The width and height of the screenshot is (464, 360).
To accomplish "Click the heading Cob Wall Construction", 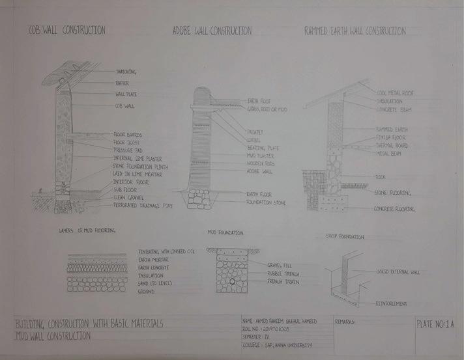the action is tap(66, 31).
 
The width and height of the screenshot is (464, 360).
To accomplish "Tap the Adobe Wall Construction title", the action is tap(212, 31).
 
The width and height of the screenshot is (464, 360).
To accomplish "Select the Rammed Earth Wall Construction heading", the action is tap(355, 31).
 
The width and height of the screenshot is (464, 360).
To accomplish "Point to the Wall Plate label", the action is tap(125, 94).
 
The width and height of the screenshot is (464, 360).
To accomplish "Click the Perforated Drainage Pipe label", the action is tap(141, 206).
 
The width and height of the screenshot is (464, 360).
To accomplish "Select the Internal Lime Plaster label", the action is tap(137, 158).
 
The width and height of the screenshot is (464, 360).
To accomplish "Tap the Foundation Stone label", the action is tap(267, 202).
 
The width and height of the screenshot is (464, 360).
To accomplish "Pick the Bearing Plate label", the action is tap(263, 148).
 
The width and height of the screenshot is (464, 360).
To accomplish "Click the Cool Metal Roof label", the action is tap(394, 92).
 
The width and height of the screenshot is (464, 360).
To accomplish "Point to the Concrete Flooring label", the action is tap(394, 209).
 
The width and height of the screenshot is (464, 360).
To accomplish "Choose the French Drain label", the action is tap(283, 282).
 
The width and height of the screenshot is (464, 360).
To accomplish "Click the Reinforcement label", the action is tap(391, 303).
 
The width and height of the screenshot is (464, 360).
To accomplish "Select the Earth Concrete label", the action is tap(154, 267).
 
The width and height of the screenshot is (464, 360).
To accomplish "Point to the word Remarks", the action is tap(346, 322).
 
